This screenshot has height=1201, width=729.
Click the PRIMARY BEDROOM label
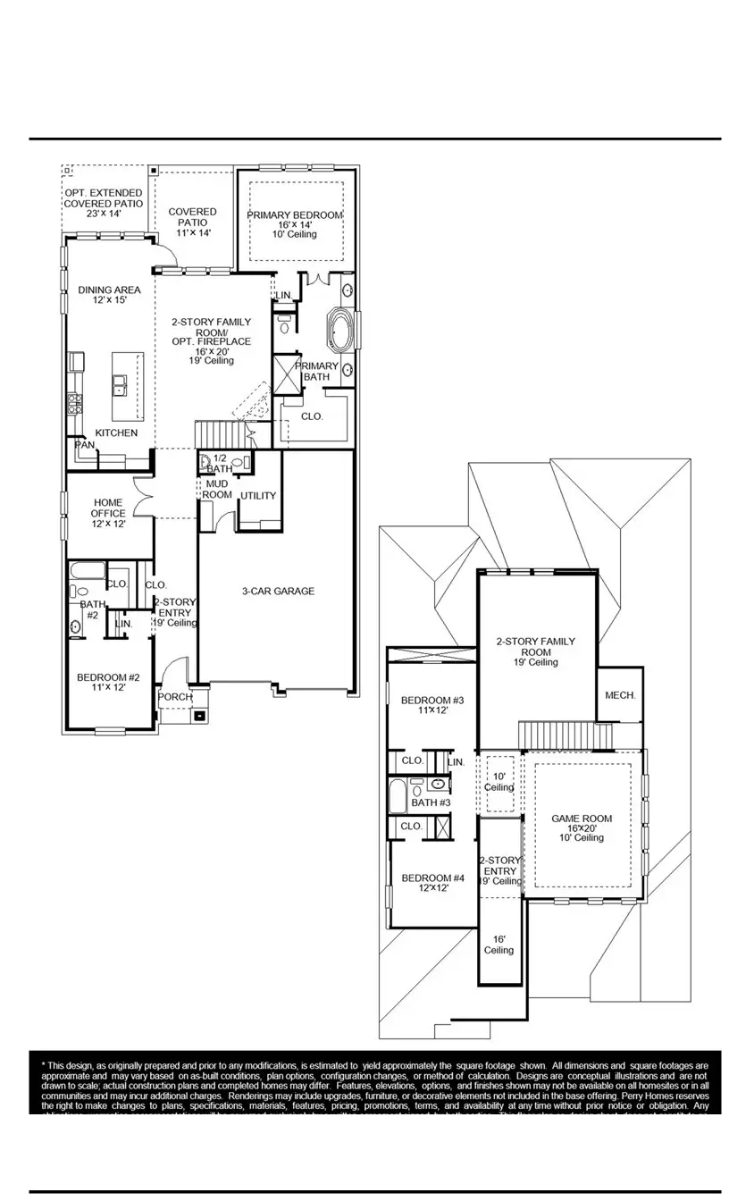pyautogui.click(x=295, y=215)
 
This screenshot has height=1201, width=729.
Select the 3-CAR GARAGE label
pyautogui.click(x=278, y=591)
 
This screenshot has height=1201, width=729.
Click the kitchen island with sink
pyautogui.click(x=127, y=385)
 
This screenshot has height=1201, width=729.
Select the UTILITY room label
pyautogui.click(x=257, y=496)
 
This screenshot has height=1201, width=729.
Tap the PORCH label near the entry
pyautogui.click(x=175, y=697)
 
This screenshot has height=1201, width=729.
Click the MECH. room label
pyautogui.click(x=620, y=695)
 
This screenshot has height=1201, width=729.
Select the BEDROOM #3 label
pyautogui.click(x=432, y=704)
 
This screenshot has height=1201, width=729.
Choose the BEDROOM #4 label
pyautogui.click(x=432, y=883)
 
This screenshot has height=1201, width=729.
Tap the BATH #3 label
pyautogui.click(x=431, y=802)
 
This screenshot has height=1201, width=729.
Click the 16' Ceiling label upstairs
pyautogui.click(x=499, y=945)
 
